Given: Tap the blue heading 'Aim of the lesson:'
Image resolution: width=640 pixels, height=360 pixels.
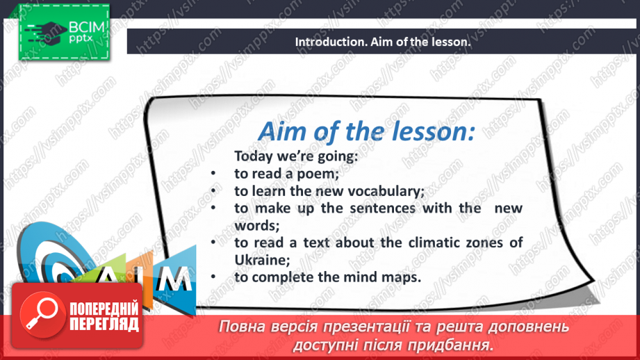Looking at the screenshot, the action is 366,131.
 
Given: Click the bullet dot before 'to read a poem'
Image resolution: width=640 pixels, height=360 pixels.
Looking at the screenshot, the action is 213,174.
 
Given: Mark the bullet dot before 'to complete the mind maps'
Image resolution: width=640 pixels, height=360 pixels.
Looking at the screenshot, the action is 213,277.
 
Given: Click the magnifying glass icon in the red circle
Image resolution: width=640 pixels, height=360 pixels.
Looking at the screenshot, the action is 42,314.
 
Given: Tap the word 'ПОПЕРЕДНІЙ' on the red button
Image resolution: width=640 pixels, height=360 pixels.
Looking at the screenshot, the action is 104,309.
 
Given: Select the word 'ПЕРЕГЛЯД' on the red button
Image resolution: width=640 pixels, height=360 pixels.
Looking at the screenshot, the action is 104,324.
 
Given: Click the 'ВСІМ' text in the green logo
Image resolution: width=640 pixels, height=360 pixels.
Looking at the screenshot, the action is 87,27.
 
